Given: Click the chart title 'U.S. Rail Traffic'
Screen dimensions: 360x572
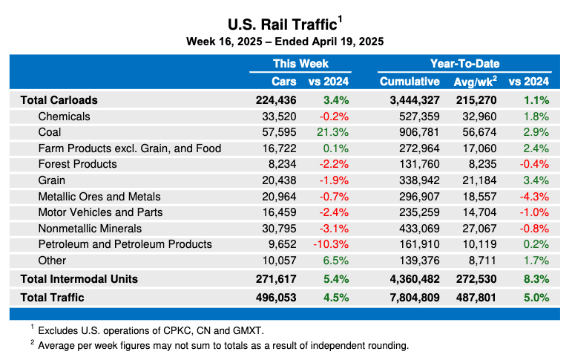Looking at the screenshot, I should [x=283, y=22].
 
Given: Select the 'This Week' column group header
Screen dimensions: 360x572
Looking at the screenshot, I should [x=300, y=64].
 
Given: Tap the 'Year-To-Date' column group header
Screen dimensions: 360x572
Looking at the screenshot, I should [x=464, y=64].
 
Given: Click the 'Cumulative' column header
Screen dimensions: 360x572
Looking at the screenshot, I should [x=410, y=81].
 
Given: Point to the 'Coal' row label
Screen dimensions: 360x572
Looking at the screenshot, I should [x=50, y=132].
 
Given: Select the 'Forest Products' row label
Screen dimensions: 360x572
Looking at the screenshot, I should [x=77, y=164].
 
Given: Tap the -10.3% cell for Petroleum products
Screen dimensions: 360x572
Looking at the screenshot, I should [x=331, y=244].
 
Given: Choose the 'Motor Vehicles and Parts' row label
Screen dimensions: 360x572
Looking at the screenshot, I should [x=100, y=212].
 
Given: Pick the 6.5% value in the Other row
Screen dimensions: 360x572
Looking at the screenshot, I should [x=335, y=261].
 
